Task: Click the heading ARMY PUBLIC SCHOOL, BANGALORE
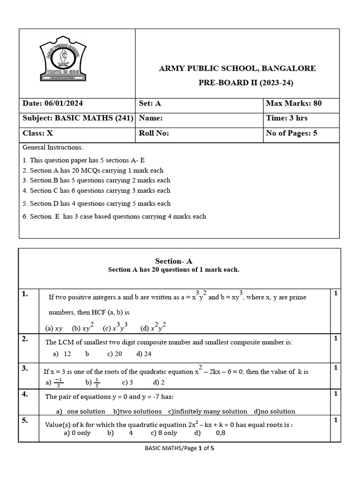(x=237, y=68)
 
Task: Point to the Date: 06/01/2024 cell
(x=52, y=104)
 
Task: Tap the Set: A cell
(x=150, y=104)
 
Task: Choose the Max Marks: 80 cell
(x=294, y=104)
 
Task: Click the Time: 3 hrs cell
(x=287, y=118)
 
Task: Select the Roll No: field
(x=154, y=133)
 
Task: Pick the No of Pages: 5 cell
(x=292, y=133)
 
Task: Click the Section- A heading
(x=173, y=261)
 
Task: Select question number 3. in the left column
(x=25, y=369)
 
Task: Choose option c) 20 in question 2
(x=114, y=354)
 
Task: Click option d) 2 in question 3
(x=159, y=382)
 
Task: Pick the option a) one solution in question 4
(x=80, y=411)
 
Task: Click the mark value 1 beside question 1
(x=335, y=293)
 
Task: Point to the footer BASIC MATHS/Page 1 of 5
(x=180, y=448)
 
